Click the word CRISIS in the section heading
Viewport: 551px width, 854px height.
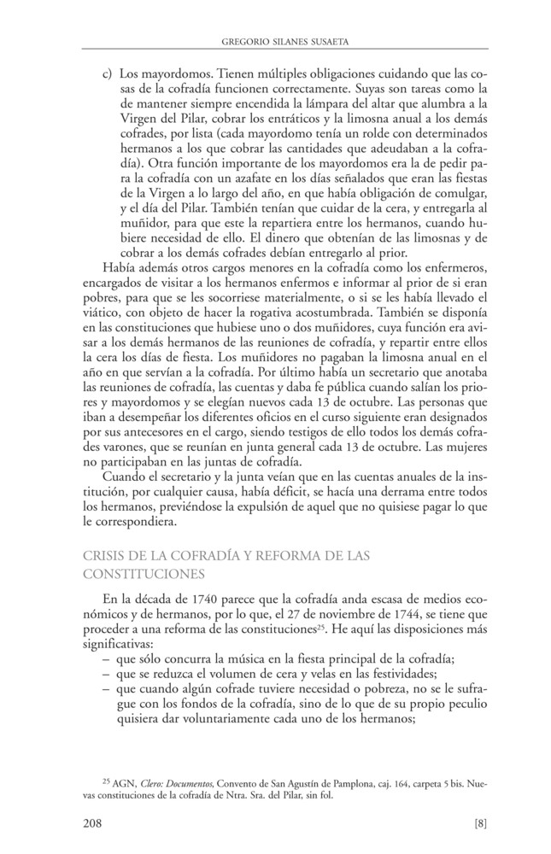tap(106, 557)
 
